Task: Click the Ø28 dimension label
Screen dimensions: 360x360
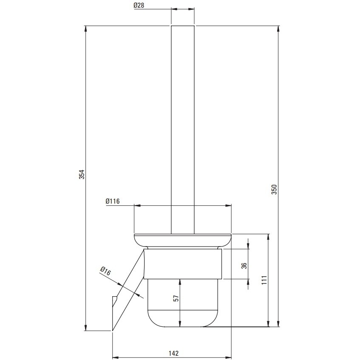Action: point(139,5)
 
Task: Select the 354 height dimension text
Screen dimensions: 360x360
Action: point(82,174)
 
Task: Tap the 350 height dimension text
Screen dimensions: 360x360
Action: point(275,189)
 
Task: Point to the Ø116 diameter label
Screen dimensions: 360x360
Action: point(113,201)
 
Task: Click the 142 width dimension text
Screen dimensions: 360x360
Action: point(173,353)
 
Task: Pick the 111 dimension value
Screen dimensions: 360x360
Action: point(264,280)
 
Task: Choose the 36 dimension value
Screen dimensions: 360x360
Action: point(244,266)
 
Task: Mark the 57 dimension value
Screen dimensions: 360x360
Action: point(176,298)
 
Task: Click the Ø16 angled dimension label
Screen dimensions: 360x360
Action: point(105,271)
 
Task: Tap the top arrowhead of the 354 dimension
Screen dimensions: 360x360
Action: point(85,28)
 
